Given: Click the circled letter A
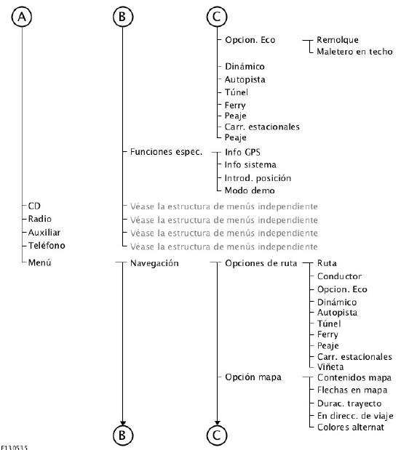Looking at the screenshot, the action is click(22, 17).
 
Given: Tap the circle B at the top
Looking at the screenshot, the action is click(123, 17).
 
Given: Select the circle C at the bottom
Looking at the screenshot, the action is click(217, 435).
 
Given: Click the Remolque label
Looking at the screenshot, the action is click(338, 40).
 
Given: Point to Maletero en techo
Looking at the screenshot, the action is click(354, 52).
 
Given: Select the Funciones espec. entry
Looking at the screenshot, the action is click(166, 152).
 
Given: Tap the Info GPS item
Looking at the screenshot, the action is click(242, 152).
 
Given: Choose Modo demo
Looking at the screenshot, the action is click(250, 190).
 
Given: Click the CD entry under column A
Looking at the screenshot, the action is click(34, 206).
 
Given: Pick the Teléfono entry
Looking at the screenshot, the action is click(47, 246).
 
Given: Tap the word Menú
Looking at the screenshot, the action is click(39, 262).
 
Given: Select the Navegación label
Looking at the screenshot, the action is click(154, 263).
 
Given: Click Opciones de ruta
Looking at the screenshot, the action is click(261, 263).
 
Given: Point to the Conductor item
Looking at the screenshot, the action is click(339, 276).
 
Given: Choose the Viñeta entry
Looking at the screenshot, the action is click(330, 367).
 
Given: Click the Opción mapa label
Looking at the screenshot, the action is click(253, 377).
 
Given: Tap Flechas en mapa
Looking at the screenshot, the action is click(352, 390).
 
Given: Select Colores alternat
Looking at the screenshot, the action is click(351, 427).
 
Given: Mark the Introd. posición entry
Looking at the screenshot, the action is click(258, 178).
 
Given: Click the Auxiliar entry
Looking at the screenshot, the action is click(44, 232).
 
